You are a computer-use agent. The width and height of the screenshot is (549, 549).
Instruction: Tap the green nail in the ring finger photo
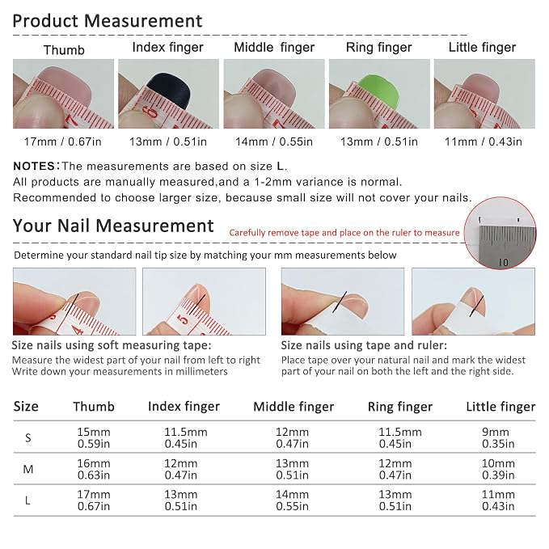[379, 91]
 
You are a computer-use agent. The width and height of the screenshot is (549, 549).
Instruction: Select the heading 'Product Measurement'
[108, 21]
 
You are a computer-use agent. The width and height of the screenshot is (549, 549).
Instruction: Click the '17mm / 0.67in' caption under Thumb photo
[63, 141]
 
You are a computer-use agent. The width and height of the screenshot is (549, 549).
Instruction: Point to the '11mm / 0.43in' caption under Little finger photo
[484, 141]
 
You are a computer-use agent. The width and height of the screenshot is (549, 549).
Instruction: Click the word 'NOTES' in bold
[34, 166]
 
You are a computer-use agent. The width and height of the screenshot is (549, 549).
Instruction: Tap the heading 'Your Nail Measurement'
[113, 226]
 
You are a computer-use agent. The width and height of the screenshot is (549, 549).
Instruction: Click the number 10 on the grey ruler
[503, 262]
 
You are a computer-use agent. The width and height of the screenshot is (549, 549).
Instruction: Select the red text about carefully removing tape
[344, 233]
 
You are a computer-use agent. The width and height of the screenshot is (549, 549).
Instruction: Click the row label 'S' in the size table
[28, 437]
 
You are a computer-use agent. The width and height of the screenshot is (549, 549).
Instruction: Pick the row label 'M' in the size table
[28, 469]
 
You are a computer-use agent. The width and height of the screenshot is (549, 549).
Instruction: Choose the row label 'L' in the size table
[27, 500]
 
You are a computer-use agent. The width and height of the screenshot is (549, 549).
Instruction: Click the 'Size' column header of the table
[26, 407]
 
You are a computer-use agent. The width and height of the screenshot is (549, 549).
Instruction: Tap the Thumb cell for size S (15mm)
[94, 437]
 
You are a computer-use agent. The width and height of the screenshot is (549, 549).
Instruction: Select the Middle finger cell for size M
[292, 469]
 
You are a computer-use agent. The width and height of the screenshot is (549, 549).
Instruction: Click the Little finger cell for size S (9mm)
[498, 437]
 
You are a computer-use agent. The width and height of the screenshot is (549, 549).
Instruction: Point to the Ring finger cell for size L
[395, 500]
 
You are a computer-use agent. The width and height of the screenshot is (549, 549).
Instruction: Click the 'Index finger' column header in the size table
[184, 407]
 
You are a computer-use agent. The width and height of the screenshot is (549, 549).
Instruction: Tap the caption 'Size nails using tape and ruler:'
[364, 345]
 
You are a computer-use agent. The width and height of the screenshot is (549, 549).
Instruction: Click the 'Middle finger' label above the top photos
[274, 47]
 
